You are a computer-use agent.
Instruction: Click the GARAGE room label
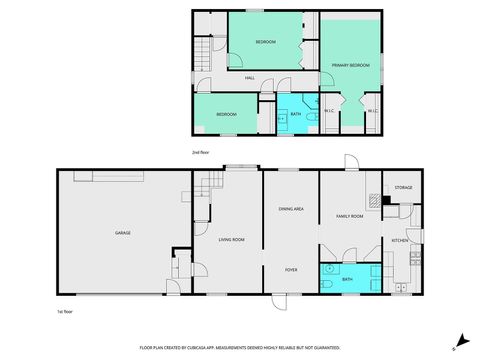tap(123, 233)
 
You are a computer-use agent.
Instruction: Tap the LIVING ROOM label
tap(232, 239)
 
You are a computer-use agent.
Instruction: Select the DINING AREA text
tap(291, 208)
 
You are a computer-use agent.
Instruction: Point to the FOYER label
tap(291, 270)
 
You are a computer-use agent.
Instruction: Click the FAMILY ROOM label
tap(349, 216)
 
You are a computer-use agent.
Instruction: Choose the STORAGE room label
tap(403, 188)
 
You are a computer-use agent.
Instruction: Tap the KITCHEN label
tap(400, 241)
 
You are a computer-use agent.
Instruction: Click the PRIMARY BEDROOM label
tap(351, 66)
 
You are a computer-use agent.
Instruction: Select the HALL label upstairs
tap(250, 78)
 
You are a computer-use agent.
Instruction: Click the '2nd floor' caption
tap(200, 152)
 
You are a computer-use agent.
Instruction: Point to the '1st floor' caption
tap(66, 312)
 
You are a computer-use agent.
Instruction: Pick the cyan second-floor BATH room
tap(295, 117)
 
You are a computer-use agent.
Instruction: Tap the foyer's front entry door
tap(280, 300)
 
